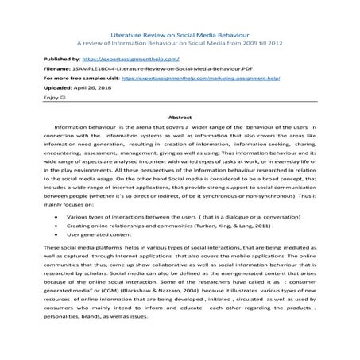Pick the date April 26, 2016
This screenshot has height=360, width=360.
pyautogui.click(x=91, y=91)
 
